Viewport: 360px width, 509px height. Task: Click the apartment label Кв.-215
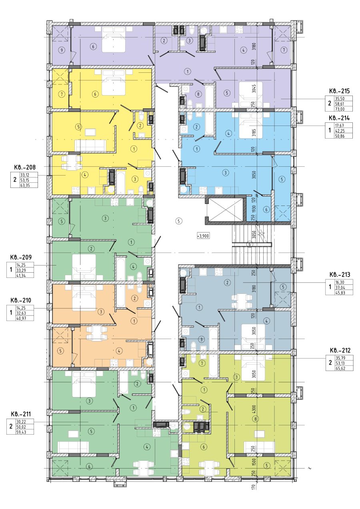339,91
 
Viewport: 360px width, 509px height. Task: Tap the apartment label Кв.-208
25,168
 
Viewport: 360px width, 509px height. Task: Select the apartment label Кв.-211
21,414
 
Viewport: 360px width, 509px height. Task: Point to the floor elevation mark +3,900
203,236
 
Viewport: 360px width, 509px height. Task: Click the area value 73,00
340,109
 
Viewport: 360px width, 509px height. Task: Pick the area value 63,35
25,186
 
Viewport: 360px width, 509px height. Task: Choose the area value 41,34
21,275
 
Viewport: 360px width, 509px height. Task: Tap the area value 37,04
340,287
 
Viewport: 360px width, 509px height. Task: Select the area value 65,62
340,368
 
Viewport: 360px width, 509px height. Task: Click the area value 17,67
339,126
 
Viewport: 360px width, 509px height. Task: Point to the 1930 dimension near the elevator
254,209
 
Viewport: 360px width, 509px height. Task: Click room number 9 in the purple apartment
62,50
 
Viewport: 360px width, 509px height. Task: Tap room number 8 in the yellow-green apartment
256,419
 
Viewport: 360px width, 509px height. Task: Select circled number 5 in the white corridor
179,221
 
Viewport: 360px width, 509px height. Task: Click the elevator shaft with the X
226,210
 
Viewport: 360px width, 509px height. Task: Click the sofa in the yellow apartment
90,145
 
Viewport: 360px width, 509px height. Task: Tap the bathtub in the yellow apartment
120,183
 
